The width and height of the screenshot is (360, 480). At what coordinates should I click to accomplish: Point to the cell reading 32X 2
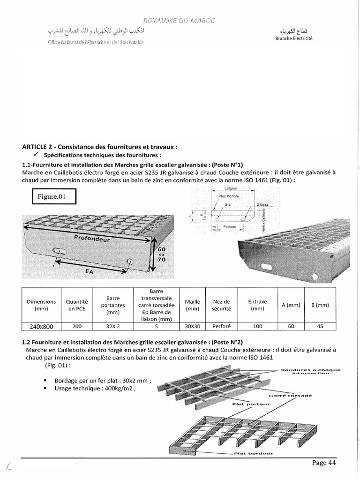(113, 327)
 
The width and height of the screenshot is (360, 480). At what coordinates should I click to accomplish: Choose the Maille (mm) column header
(192, 306)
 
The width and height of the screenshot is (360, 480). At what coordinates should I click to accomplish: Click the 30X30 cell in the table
(192, 327)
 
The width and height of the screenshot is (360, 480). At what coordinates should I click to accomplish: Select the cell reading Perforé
(221, 327)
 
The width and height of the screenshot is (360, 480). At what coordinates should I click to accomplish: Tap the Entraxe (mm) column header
(257, 306)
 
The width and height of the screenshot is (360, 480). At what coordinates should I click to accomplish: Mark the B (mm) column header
(320, 305)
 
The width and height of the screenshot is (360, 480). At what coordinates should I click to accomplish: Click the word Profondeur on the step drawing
(92, 239)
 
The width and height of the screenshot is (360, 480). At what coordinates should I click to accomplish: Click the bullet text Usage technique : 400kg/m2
(97, 389)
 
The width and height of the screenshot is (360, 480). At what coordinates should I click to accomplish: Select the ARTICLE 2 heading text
(99, 147)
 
